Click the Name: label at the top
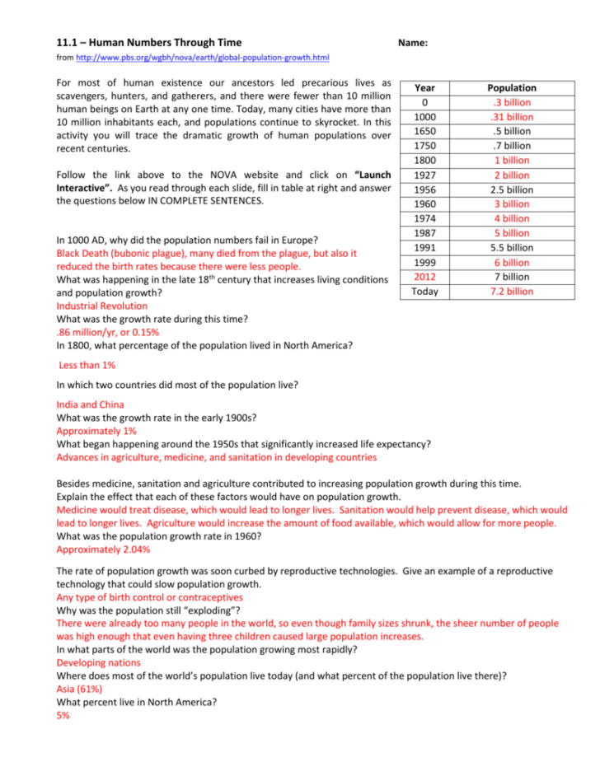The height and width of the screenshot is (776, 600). [x=412, y=42]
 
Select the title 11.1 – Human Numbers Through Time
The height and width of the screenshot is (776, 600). [x=148, y=42]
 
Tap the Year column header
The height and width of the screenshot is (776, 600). [x=424, y=88]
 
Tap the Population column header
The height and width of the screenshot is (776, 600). [x=511, y=88]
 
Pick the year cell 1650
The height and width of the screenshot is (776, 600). [x=424, y=132]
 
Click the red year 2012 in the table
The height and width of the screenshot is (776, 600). [x=424, y=277]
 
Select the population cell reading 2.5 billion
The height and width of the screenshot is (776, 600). [x=511, y=189]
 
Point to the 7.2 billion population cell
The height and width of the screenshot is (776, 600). [x=511, y=292]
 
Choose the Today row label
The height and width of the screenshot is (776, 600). [x=424, y=292]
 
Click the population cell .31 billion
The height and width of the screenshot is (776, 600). [x=511, y=117]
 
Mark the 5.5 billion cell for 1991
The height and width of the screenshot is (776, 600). [x=511, y=248]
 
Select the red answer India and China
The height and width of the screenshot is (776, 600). [x=90, y=404]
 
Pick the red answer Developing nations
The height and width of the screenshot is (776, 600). [x=98, y=662]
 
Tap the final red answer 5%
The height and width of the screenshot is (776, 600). [x=63, y=716]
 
